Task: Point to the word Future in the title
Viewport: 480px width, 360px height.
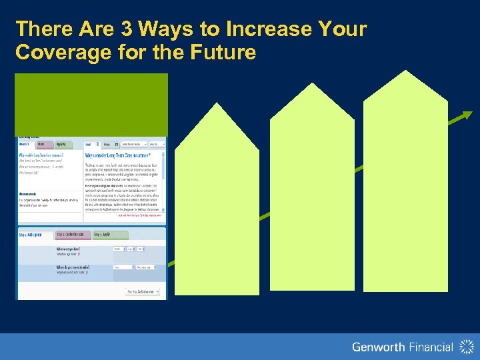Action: (x=223, y=53)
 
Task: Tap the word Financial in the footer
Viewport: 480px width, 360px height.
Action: (x=429, y=347)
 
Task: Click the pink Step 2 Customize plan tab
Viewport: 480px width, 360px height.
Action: (x=73, y=235)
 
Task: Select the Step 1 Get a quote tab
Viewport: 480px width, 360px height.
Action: (x=35, y=235)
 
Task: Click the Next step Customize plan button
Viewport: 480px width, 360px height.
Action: (x=143, y=291)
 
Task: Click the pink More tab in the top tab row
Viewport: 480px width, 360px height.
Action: (x=41, y=143)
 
